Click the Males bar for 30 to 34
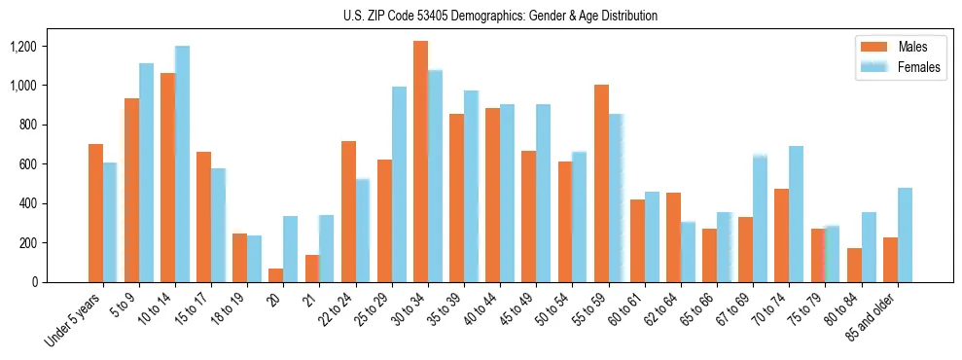[x=420, y=162]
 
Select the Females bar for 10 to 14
[x=182, y=164]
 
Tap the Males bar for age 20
[x=276, y=275]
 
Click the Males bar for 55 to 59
[x=601, y=184]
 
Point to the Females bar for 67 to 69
[x=760, y=218]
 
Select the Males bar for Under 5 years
[x=95, y=213]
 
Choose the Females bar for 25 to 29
[x=399, y=185]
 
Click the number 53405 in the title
[x=414, y=16]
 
